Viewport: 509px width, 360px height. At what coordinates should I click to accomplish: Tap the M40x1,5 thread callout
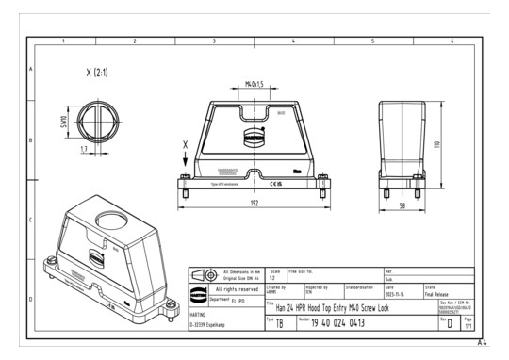pyautogui.click(x=254, y=85)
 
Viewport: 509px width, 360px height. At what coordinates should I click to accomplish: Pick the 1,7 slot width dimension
pyautogui.click(x=84, y=149)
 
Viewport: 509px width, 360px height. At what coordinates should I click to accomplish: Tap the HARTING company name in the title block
pyautogui.click(x=199, y=315)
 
